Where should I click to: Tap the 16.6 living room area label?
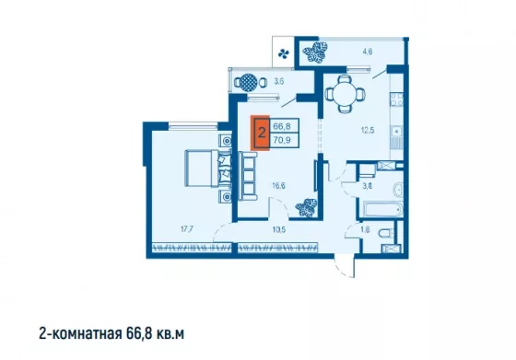click(x=278, y=186)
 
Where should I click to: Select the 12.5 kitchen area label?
click(x=368, y=130)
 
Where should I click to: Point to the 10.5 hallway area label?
click(x=279, y=230)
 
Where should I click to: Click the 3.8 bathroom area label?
click(x=368, y=186)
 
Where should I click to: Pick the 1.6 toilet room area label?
click(x=365, y=229)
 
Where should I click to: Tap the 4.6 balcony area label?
click(x=368, y=52)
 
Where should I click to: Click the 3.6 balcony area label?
click(x=278, y=82)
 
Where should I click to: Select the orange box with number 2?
click(x=260, y=133)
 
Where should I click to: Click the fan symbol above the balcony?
click(x=284, y=53)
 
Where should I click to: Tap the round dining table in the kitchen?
click(x=346, y=94)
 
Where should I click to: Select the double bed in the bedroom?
click(x=207, y=168)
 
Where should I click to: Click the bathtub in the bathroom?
click(x=381, y=209)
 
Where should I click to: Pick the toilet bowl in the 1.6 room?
click(x=386, y=234)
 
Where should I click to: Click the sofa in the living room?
click(x=248, y=176)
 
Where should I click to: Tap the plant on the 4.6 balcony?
click(x=315, y=52)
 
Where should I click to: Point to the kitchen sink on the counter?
click(x=397, y=132)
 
